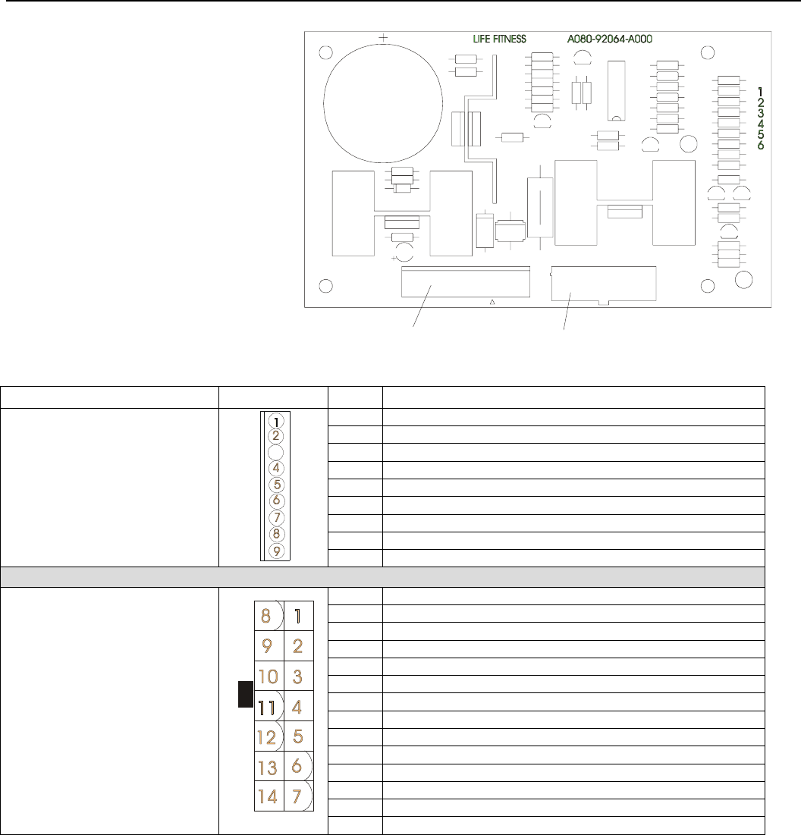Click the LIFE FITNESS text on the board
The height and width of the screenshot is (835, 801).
coord(499,39)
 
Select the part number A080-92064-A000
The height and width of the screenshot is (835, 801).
coord(609,39)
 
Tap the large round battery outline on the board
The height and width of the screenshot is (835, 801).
coord(324,103)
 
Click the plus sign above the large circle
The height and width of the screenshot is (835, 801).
coord(383,37)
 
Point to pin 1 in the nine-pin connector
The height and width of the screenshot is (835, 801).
coord(276,421)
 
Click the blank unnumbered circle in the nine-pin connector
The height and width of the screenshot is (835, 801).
coord(276,453)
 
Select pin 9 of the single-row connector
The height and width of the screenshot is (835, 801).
coord(276,551)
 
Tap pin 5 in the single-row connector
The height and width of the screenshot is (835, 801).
coord(276,485)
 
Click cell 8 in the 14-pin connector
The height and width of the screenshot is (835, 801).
coord(269,616)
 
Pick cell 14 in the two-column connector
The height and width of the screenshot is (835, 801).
coord(269,796)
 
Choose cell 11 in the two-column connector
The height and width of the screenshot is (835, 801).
coord(269,706)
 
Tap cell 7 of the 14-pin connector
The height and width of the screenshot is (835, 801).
coord(299,796)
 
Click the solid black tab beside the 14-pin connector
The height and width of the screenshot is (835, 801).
coord(246,694)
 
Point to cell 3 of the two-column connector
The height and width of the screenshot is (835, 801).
coord(299,676)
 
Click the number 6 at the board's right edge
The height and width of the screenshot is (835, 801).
coord(761,145)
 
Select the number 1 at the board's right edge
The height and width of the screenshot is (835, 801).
coord(761,92)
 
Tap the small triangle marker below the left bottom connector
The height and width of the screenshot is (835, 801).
coord(492,302)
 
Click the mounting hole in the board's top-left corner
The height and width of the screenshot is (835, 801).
coord(326,53)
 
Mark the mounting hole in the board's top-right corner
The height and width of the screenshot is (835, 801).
coord(708,53)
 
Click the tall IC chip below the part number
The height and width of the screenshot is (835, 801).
coord(616,90)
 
